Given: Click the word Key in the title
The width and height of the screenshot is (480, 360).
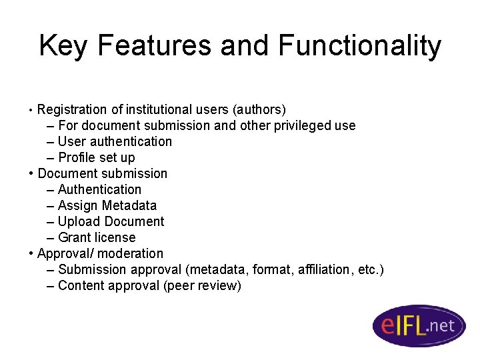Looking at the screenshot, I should pos(64,47).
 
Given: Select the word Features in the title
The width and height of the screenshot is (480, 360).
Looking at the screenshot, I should pos(155,47).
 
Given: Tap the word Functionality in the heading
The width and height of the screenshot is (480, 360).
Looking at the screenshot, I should pos(359,47).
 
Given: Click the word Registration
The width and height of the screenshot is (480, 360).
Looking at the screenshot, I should pos(72,109).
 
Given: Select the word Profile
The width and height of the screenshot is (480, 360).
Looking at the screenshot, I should pos(77,157).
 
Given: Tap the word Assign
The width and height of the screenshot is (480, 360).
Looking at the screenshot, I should pos(78,205).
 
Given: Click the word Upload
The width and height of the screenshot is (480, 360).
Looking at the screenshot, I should pos(79,221).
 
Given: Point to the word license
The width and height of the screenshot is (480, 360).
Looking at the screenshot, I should pos(116,237).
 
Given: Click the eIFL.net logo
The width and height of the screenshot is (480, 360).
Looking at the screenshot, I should pos(419,325).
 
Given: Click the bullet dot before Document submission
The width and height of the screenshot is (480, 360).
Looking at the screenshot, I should pos(32,173).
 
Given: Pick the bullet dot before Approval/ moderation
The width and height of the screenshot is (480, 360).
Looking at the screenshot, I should pos(32,253).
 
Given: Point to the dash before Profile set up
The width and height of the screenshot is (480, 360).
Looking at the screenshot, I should pos(51,157).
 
